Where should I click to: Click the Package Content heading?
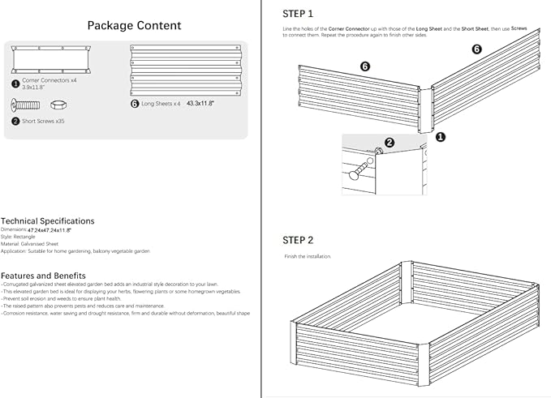coord(134,25)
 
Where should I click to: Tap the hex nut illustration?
coord(58,105)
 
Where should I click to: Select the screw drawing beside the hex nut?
coord(25,105)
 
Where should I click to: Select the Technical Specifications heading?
coord(47,220)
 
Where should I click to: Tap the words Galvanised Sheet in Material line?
coord(40,244)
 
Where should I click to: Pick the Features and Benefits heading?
coord(43,276)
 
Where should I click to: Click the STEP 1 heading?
coord(298,14)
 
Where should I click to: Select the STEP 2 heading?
coord(298,240)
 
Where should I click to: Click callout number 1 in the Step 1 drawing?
coord(440,137)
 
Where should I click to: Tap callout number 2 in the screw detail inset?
coord(389,143)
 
